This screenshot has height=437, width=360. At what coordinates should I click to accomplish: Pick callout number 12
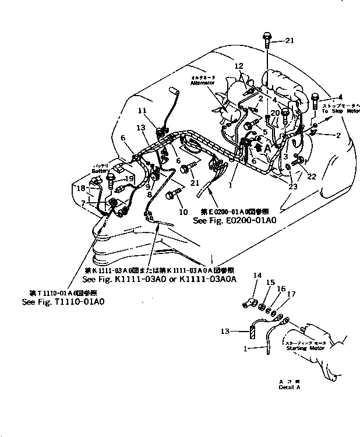point(239,66)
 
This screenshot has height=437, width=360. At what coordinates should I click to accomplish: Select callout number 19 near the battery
point(129,178)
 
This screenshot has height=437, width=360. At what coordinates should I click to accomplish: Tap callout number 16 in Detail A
point(283,288)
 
